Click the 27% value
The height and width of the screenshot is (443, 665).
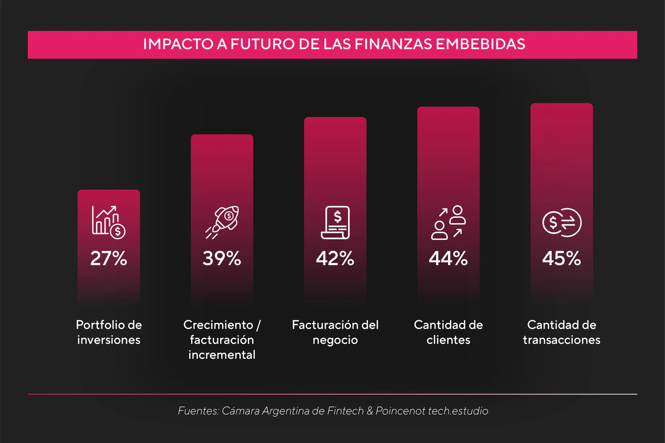pyautogui.click(x=109, y=258)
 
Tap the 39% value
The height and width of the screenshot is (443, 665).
pyautogui.click(x=222, y=258)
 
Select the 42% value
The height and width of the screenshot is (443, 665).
pyautogui.click(x=335, y=258)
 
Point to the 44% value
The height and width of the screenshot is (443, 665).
pyautogui.click(x=448, y=258)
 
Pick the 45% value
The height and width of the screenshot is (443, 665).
pyautogui.click(x=562, y=258)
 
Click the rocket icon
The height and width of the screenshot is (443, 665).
pyautogui.click(x=222, y=222)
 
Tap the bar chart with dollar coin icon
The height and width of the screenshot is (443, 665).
pyautogui.click(x=109, y=222)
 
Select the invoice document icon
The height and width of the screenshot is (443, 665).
pyautogui.click(x=335, y=222)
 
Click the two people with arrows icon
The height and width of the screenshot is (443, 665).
pyautogui.click(x=449, y=222)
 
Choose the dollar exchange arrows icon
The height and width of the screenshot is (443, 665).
pyautogui.click(x=562, y=222)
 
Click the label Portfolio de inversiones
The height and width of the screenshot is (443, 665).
pyautogui.click(x=109, y=332)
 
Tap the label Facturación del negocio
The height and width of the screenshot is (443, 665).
pyautogui.click(x=335, y=332)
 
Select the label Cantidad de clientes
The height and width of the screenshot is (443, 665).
pyautogui.click(x=448, y=332)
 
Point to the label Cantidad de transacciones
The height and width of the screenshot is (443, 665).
pyautogui.click(x=562, y=332)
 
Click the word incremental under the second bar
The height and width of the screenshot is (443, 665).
pyautogui.click(x=222, y=355)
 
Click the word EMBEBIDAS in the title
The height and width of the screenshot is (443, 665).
pyautogui.click(x=481, y=44)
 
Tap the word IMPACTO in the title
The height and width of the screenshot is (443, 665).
pyautogui.click(x=178, y=44)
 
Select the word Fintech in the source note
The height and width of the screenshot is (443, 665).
pyautogui.click(x=345, y=411)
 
